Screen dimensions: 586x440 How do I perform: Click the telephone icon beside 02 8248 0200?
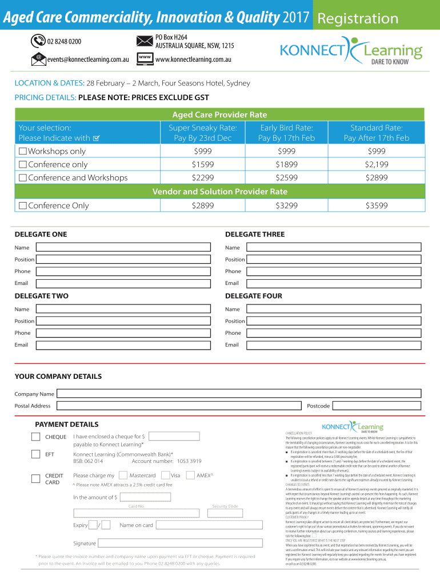coord(38,41)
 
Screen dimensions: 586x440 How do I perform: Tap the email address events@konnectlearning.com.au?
coord(88,60)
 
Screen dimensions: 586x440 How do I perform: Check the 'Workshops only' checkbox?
coord(23,151)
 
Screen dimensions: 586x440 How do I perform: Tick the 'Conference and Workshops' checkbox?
coord(23,177)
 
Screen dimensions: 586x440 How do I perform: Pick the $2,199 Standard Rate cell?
coord(377,164)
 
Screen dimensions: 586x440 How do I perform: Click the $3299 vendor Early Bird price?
coord(286,205)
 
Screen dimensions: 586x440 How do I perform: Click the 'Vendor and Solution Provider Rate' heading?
coord(220,191)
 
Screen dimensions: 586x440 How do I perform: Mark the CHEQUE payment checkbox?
coord(35,437)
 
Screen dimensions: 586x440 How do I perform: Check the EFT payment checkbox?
coord(35,455)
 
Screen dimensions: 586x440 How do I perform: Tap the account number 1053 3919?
coord(189,461)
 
